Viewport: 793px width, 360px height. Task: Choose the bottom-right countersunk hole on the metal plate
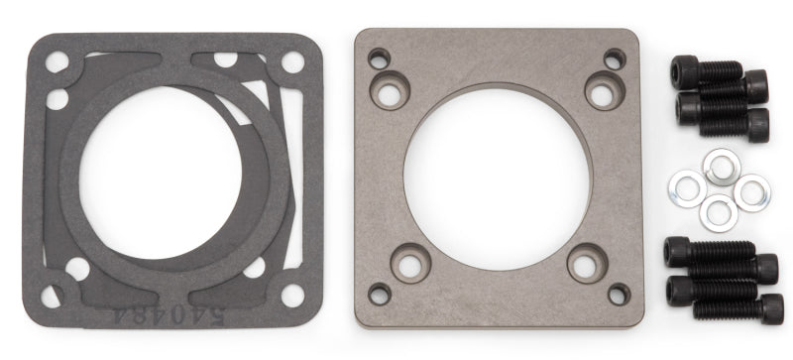585,266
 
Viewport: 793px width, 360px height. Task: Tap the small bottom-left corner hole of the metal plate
379,294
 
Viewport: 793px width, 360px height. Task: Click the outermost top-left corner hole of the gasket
57,62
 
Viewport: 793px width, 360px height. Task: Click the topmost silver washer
717,163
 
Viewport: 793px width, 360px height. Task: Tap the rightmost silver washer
750,190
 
